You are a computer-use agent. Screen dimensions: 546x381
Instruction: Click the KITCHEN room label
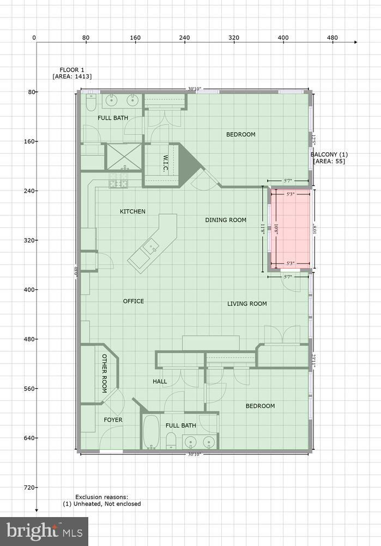pyautogui.click(x=132, y=211)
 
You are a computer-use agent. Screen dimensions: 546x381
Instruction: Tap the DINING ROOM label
pyautogui.click(x=226, y=220)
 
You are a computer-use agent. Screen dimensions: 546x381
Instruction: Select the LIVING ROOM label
pyautogui.click(x=247, y=304)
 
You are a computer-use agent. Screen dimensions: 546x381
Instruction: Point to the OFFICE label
pyautogui.click(x=134, y=301)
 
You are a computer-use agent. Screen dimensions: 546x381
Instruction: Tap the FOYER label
pyautogui.click(x=113, y=420)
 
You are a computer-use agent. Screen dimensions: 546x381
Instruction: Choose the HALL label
pyautogui.click(x=160, y=382)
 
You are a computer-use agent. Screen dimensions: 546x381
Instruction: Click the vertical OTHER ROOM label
pyautogui.click(x=104, y=373)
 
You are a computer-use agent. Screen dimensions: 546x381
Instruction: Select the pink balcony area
pyautogui.click(x=291, y=229)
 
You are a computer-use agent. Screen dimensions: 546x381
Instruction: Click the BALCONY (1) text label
pyautogui.click(x=329, y=155)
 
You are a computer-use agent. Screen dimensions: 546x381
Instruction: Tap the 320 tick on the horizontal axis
pyautogui.click(x=234, y=38)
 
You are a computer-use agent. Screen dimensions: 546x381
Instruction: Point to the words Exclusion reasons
pyautogui.click(x=101, y=497)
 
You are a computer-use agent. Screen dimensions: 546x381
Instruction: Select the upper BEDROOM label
pyautogui.click(x=240, y=134)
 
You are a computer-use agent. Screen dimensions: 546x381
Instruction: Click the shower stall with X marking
pyautogui.click(x=124, y=156)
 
